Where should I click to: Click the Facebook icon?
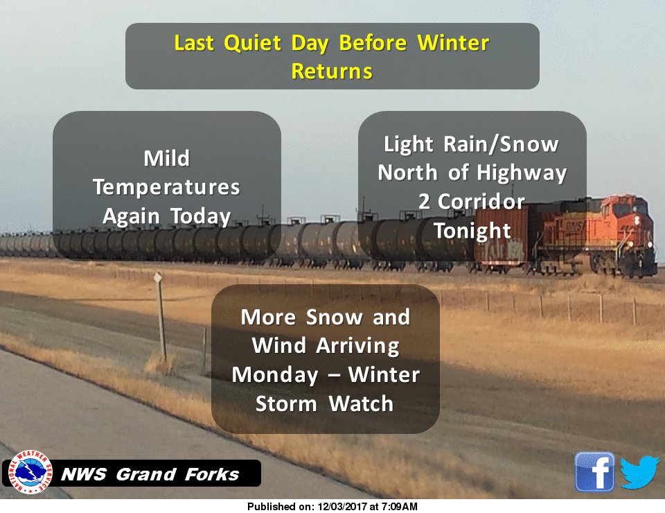tap(594, 472)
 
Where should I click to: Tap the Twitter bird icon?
tap(639, 472)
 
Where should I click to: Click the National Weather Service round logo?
tap(29, 473)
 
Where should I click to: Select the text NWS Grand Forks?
tap(150, 475)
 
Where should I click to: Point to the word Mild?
tap(166, 159)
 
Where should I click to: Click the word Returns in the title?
tap(332, 71)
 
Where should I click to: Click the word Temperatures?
tap(166, 187)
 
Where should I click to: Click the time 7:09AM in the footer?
tap(398, 507)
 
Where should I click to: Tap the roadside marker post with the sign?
tap(161, 312)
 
